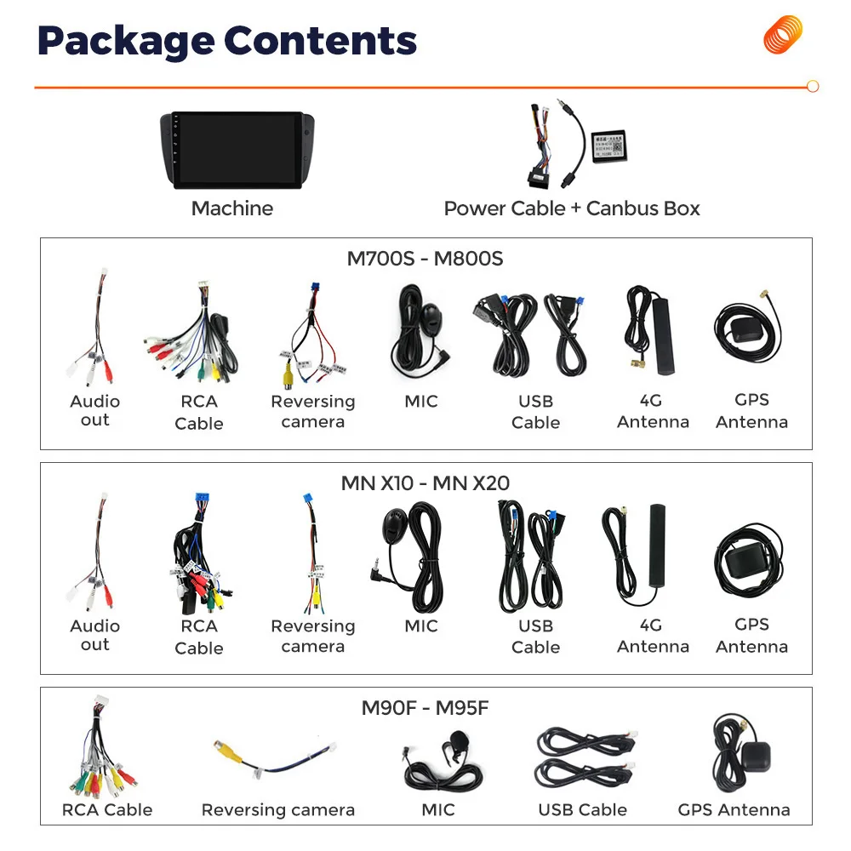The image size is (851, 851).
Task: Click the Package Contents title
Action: point(227,42)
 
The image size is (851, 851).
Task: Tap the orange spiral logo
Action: point(783,35)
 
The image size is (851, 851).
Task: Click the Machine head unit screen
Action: point(231,149)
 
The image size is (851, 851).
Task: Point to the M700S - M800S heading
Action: point(425,259)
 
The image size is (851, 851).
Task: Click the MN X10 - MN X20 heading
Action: point(425,483)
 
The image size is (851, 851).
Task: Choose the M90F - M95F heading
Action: point(425,708)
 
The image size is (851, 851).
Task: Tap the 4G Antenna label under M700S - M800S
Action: point(652,411)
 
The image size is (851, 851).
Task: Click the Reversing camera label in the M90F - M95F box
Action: point(277,810)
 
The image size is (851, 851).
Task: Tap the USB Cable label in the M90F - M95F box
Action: point(582,810)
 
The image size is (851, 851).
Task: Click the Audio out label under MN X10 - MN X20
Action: point(94,635)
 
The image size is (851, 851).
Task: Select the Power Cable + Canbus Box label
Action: point(571,208)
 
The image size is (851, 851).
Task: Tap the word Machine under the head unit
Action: point(232,208)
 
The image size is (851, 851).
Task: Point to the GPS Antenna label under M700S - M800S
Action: point(751,411)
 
